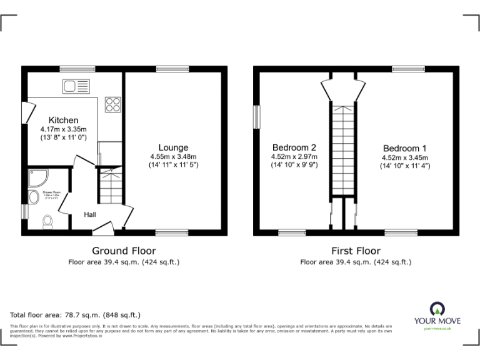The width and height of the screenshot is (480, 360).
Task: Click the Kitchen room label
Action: pyautogui.click(x=64, y=120)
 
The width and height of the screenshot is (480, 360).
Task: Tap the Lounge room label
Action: pyautogui.click(x=173, y=147)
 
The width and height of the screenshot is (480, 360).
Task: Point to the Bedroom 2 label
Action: pyautogui.click(x=294, y=147)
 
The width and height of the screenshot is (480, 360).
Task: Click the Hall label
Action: pyautogui.click(x=90, y=214)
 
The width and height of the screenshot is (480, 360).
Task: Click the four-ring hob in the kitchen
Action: pyautogui.click(x=113, y=104)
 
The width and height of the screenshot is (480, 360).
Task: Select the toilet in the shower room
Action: pyautogui.click(x=47, y=222)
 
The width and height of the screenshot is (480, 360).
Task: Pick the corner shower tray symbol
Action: pyautogui.click(x=37, y=179)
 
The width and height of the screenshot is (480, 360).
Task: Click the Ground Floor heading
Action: pyautogui.click(x=124, y=251)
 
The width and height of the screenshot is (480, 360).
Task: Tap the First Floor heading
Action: pyautogui.click(x=356, y=251)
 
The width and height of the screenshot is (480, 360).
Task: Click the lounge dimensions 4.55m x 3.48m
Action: pyautogui.click(x=173, y=156)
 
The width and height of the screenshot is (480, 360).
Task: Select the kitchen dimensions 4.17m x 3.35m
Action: pyautogui.click(x=64, y=129)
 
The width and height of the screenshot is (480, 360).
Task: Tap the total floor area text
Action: pyautogui.click(x=76, y=315)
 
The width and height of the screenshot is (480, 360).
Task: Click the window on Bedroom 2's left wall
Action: pyautogui.click(x=256, y=116)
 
